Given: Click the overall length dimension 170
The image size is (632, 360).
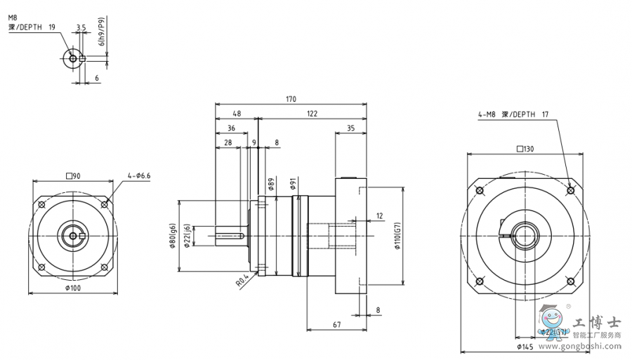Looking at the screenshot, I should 290,99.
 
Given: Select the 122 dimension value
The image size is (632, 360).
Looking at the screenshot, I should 312,114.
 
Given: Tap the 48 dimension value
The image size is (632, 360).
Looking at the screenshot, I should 236,114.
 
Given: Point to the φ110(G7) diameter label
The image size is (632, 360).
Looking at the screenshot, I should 397,241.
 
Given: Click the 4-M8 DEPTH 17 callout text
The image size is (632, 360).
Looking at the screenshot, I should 513,114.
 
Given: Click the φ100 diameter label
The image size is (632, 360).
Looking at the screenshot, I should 72,288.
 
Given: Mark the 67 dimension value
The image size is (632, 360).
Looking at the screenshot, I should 336,324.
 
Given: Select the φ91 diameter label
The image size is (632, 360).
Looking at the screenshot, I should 292,184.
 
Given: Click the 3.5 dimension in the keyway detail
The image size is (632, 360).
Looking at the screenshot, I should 81,27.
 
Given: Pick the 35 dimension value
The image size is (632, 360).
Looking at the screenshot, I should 350,128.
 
